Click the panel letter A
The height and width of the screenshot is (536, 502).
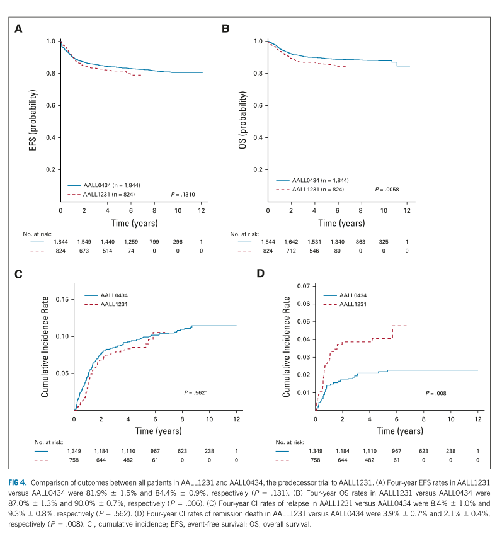[x=19, y=28]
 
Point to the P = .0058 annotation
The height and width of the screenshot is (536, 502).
[x=388, y=188]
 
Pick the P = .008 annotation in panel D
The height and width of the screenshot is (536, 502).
[x=436, y=392]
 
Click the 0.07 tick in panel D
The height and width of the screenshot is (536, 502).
[x=303, y=287]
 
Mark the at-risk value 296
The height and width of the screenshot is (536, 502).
[x=178, y=241]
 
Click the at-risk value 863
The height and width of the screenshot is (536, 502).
[x=360, y=241]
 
